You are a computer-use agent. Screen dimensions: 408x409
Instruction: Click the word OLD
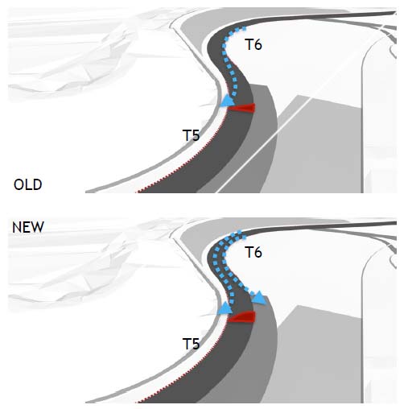(x=28, y=184)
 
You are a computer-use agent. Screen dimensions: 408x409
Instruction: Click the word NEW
(x=28, y=227)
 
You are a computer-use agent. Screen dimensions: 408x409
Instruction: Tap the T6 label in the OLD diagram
(x=253, y=44)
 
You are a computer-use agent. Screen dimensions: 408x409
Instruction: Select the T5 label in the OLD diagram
(x=191, y=135)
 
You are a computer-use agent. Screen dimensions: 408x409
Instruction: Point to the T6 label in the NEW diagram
(x=253, y=253)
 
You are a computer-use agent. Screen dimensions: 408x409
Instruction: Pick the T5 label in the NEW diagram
(x=191, y=344)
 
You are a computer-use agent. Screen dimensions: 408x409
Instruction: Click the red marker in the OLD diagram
(x=241, y=108)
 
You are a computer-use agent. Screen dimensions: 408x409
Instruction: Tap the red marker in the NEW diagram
(x=241, y=317)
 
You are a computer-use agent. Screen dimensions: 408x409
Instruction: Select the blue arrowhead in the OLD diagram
(x=228, y=101)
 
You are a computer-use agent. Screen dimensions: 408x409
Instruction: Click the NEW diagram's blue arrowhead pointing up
(x=225, y=308)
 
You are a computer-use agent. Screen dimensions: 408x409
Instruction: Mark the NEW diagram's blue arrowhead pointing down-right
(x=260, y=298)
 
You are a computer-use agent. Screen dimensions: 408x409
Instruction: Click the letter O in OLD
(x=19, y=184)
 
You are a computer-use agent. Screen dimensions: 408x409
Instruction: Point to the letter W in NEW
(x=38, y=227)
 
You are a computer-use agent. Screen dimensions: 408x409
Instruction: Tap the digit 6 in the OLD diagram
(x=258, y=44)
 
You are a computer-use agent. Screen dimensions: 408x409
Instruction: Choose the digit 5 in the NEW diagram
(x=196, y=344)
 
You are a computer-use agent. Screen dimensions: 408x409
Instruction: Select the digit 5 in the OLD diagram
(x=196, y=135)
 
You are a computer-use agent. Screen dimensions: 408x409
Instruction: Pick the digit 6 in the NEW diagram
(x=258, y=253)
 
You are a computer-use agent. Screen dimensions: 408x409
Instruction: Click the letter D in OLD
(x=38, y=184)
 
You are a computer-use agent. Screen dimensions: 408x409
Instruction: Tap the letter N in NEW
(x=17, y=227)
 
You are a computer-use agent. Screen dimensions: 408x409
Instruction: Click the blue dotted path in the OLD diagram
(x=229, y=62)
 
